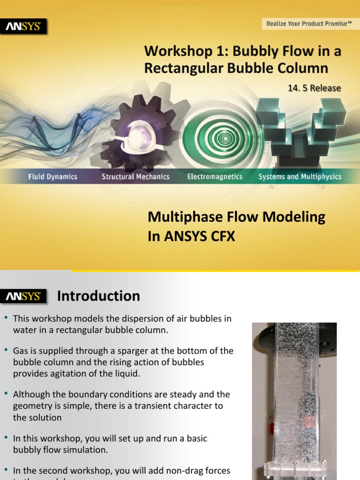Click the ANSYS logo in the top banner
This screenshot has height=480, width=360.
point(26,27)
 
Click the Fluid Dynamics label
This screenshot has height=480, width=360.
point(52,177)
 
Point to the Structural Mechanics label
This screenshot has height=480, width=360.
point(135,177)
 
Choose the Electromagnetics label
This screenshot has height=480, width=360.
point(215,177)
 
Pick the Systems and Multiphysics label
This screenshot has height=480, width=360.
point(300,177)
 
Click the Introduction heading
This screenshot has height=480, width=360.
point(98,296)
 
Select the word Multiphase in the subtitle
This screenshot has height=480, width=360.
point(178,217)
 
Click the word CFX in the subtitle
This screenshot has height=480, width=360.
point(223,237)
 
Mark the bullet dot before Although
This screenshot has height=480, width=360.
point(6,394)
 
